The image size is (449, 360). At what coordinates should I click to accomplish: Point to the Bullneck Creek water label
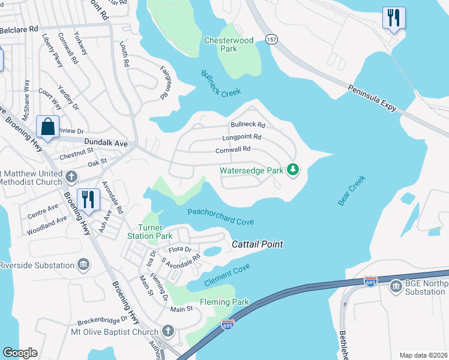coord(221,85)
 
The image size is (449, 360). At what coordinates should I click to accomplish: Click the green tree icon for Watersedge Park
coord(293,170)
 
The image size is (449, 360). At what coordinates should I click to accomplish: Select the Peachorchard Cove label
coord(220,217)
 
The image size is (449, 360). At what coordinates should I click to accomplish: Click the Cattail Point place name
coord(258,244)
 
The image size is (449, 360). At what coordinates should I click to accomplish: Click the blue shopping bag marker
coord(47,127)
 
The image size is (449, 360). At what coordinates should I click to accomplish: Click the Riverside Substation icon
coord(83,265)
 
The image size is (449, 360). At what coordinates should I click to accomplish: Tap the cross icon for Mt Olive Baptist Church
coord(168,331)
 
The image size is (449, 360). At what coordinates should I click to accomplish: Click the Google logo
coord(20,353)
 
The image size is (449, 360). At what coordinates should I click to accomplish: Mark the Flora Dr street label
coord(179,249)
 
